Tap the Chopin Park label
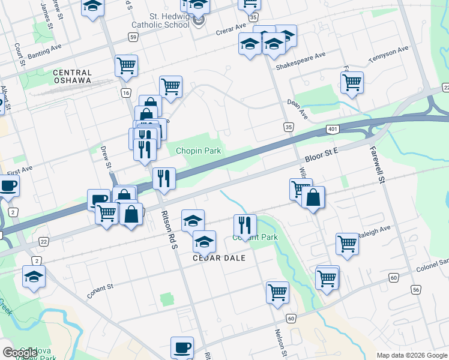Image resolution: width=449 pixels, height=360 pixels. tap(198, 150)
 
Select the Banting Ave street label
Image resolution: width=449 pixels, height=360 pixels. tap(43, 52)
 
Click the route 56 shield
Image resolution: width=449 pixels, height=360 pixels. tap(415, 289)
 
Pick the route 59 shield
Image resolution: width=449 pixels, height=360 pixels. tap(133, 37)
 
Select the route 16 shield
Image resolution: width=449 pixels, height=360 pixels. tap(125, 92)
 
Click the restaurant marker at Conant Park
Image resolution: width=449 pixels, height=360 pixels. tap(245, 226)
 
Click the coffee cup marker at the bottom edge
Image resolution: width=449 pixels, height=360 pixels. tap(182, 347)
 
